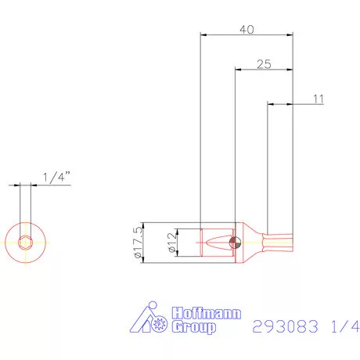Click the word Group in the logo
pyautogui.click(x=192, y=328)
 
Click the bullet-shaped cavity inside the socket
pyautogui.click(x=216, y=242)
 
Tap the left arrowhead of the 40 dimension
pyautogui.click(x=203, y=34)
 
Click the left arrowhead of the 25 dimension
pyautogui.click(x=238, y=70)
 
